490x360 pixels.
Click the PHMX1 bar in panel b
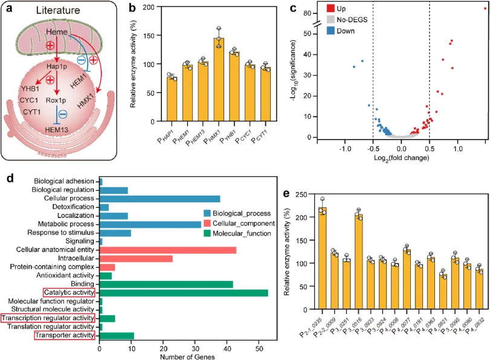[x=219, y=79]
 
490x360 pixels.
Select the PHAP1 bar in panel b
[x=172, y=99]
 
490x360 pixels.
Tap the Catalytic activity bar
[x=184, y=293]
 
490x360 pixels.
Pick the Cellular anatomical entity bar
[x=168, y=250]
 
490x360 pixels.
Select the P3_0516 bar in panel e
[x=359, y=262]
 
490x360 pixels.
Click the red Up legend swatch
[x=330, y=8]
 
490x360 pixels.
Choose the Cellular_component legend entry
[x=239, y=223]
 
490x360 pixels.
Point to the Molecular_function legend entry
[x=237, y=233]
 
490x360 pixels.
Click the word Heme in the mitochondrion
[x=57, y=32]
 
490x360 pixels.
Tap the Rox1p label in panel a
[x=56, y=100]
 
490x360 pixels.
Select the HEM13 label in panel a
[x=56, y=130]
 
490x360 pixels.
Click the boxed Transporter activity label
[x=65, y=335]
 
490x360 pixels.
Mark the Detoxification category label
[x=73, y=207]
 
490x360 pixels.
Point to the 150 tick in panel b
[x=149, y=36]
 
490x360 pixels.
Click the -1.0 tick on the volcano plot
[x=345, y=149]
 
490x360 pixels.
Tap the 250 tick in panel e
[x=302, y=194]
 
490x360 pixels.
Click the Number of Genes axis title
[x=187, y=356]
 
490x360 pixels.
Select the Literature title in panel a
[x=58, y=10]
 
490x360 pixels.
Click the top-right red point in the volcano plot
[x=485, y=8]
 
